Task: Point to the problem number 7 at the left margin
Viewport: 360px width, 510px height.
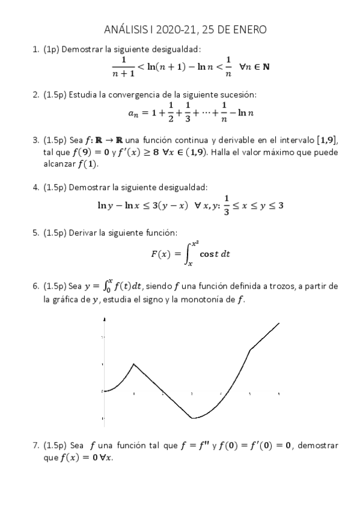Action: (x=35, y=446)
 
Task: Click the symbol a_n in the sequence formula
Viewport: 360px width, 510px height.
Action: (x=133, y=112)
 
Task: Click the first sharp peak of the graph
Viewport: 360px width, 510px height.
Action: (x=133, y=364)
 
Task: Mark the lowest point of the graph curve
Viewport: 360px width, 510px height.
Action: (x=192, y=418)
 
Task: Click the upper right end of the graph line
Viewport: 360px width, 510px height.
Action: (x=279, y=323)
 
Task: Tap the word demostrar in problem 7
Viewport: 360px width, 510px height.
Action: (x=316, y=446)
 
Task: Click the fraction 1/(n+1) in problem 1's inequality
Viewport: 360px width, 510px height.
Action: (x=123, y=66)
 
